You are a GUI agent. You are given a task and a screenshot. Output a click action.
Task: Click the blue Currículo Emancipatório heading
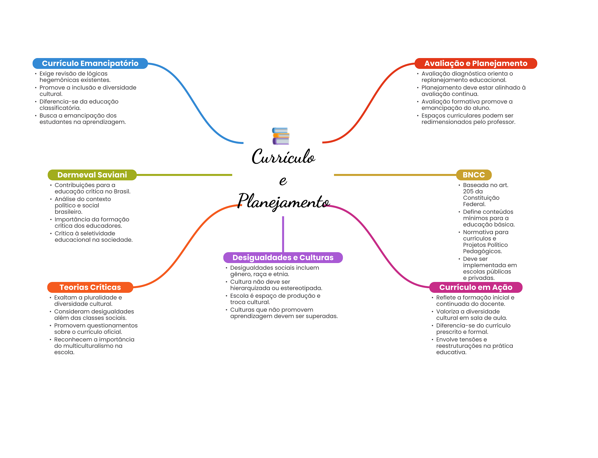click(90, 63)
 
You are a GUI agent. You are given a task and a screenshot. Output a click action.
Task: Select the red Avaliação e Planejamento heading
click(476, 63)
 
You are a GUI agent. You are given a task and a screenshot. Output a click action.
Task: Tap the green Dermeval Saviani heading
click(92, 175)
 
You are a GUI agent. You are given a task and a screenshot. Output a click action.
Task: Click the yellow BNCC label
click(474, 175)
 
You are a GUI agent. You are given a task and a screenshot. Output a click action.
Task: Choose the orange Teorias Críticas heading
click(90, 287)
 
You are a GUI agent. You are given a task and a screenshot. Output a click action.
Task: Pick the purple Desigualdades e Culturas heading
click(283, 257)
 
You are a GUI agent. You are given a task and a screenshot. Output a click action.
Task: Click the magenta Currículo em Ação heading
click(476, 287)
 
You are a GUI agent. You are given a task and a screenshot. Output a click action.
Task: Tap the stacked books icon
click(281, 136)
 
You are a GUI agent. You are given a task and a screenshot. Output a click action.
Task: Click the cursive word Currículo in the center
click(283, 156)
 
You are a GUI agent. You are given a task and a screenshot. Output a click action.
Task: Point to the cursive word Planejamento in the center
click(284, 201)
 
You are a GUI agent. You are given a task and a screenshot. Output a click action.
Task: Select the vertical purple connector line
click(283, 234)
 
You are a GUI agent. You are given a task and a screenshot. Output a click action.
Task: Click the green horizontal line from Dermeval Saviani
click(184, 175)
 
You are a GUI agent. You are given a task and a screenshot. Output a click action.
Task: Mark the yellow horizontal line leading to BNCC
click(395, 175)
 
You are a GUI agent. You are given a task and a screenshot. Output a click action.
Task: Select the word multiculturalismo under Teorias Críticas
click(88, 346)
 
